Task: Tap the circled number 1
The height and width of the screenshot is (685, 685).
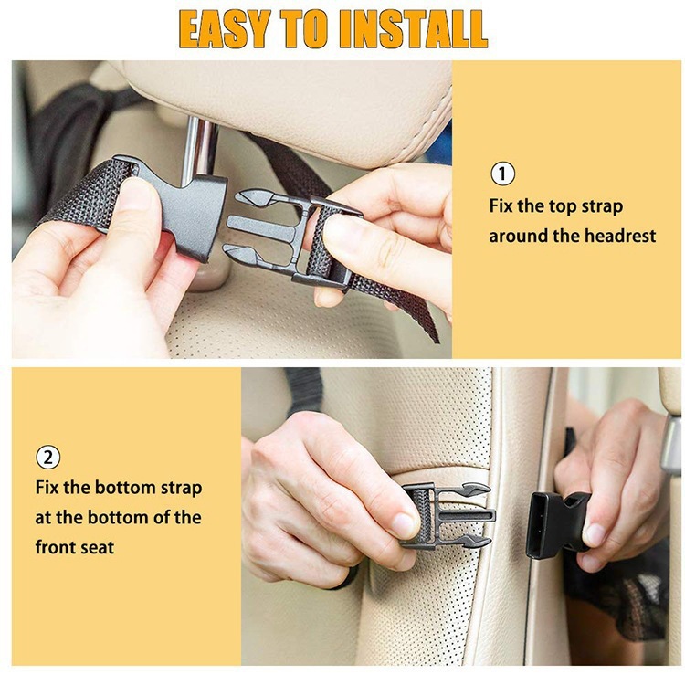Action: [x=502, y=174]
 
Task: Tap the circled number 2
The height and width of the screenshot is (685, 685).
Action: [x=48, y=456]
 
